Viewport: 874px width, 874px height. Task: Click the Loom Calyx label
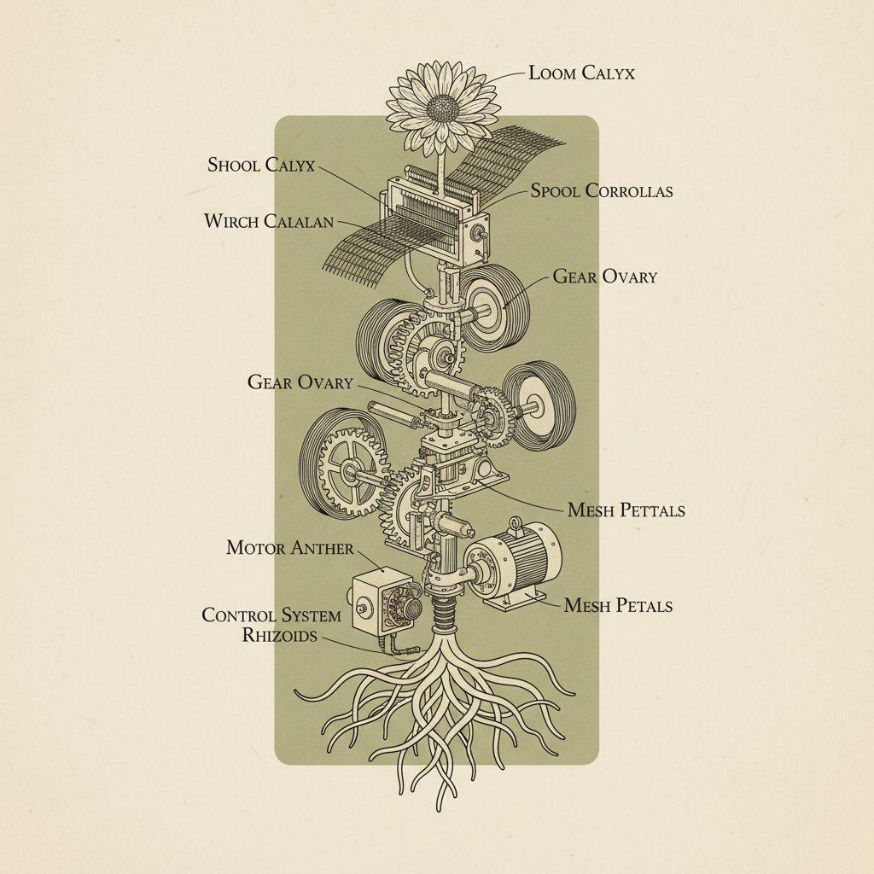581,73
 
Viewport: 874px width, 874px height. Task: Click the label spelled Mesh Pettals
626,510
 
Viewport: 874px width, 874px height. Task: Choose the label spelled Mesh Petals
618,606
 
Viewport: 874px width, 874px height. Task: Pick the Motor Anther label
289,547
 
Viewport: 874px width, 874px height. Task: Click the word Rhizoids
278,635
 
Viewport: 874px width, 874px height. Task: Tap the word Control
239,615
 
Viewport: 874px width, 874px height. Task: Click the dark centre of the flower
442,108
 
